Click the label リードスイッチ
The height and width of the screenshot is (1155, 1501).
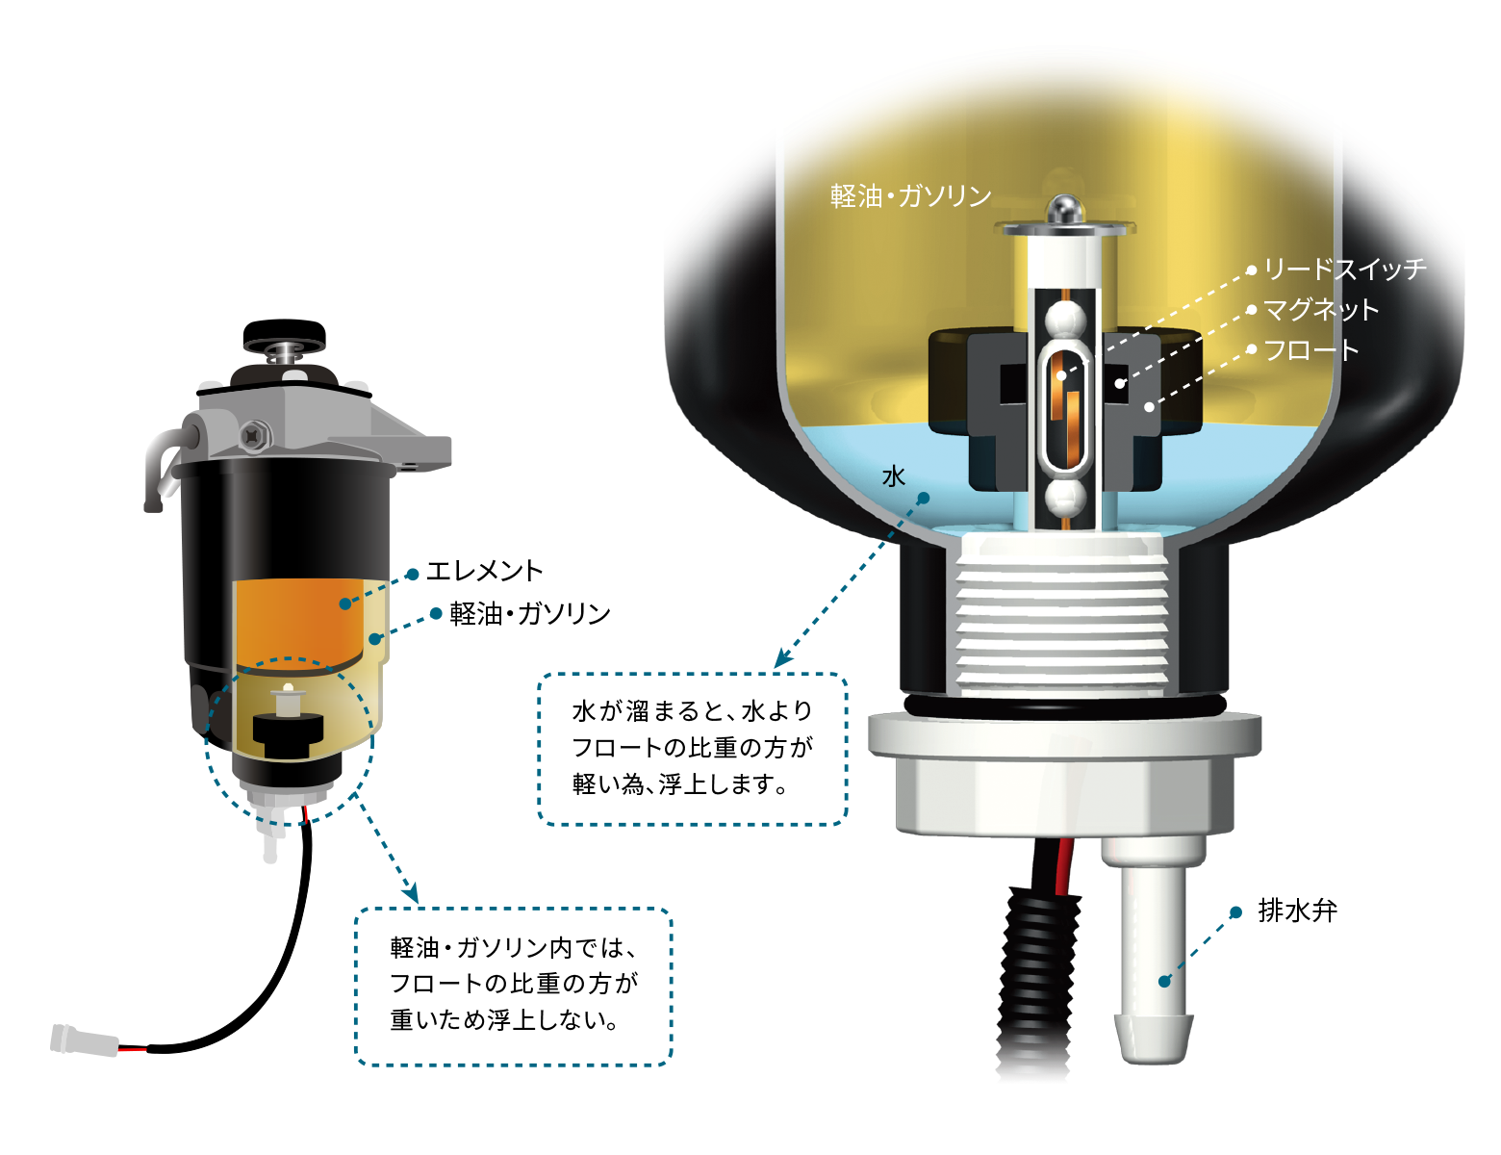pyautogui.click(x=1344, y=269)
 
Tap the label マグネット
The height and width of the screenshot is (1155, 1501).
pyautogui.click(x=1321, y=309)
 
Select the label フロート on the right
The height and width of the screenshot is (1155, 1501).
pyautogui.click(x=1311, y=349)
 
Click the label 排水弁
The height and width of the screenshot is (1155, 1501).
pyautogui.click(x=1297, y=911)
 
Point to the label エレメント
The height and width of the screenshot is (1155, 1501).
pyautogui.click(x=484, y=571)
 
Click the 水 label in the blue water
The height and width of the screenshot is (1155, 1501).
pyautogui.click(x=893, y=475)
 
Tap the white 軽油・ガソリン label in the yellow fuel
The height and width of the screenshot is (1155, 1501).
pyautogui.click(x=910, y=196)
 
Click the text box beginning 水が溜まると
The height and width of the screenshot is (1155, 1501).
pyautogui.click(x=693, y=749)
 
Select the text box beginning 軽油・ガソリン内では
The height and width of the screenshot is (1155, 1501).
pyautogui.click(x=513, y=987)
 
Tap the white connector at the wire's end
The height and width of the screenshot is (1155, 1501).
pyautogui.click(x=84, y=1040)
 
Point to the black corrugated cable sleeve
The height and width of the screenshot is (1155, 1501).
pyautogui.click(x=1036, y=981)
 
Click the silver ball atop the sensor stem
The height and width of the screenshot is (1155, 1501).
pyautogui.click(x=1065, y=209)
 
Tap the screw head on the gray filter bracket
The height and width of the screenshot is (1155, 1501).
pyautogui.click(x=253, y=436)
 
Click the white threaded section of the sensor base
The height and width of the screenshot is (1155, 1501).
pyautogui.click(x=1061, y=615)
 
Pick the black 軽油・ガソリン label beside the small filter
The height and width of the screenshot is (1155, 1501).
pyautogui.click(x=530, y=613)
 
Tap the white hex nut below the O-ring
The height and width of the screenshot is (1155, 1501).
pyautogui.click(x=1064, y=774)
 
